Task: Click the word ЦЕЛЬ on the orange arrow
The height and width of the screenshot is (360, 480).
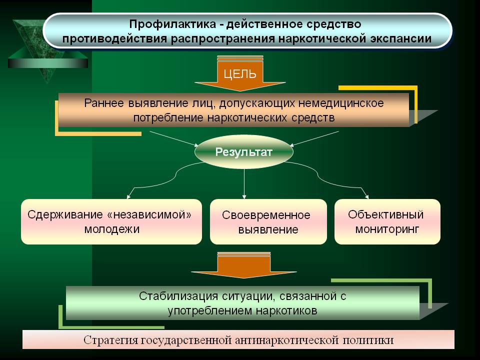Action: click(x=239, y=74)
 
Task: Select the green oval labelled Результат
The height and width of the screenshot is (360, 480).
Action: click(x=244, y=151)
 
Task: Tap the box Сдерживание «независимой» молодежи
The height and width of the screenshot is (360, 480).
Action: click(x=111, y=221)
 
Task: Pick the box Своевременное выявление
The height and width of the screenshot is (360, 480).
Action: click(x=268, y=221)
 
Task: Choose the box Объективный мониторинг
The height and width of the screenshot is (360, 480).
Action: click(x=387, y=221)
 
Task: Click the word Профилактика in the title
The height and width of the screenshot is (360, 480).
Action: click(x=172, y=24)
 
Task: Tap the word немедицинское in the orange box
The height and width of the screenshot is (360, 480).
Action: click(x=340, y=103)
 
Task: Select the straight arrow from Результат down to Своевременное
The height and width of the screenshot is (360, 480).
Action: click(x=244, y=183)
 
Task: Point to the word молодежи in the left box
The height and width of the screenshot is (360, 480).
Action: click(x=111, y=229)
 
